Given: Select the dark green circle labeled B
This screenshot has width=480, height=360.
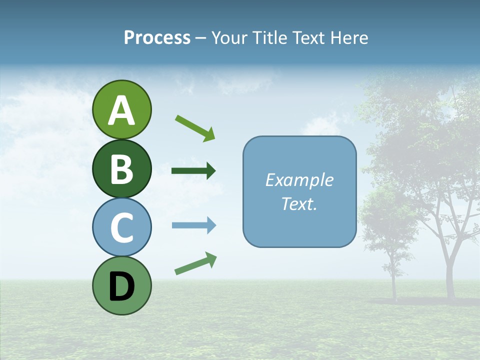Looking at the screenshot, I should pyautogui.click(x=121, y=169).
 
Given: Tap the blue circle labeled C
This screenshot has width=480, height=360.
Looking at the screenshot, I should pyautogui.click(x=121, y=227).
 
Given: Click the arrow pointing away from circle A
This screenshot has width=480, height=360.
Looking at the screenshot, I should pyautogui.click(x=195, y=127).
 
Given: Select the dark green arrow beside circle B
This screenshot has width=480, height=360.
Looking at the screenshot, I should pyautogui.click(x=193, y=171).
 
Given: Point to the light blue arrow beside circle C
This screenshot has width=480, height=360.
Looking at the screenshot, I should pyautogui.click(x=193, y=225).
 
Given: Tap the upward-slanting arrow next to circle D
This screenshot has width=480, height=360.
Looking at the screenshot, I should pyautogui.click(x=195, y=263).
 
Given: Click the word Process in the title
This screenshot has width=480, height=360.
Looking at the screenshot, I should pyautogui.click(x=157, y=38).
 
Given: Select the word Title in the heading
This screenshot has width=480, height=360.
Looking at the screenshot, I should pyautogui.click(x=268, y=38).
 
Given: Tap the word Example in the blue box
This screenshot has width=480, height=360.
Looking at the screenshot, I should pyautogui.click(x=299, y=180).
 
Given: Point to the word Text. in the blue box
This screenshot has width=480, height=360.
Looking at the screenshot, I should pyautogui.click(x=299, y=204).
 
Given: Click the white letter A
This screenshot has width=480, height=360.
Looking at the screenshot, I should pyautogui.click(x=121, y=110).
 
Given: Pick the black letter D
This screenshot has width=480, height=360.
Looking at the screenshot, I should pyautogui.click(x=121, y=286).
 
